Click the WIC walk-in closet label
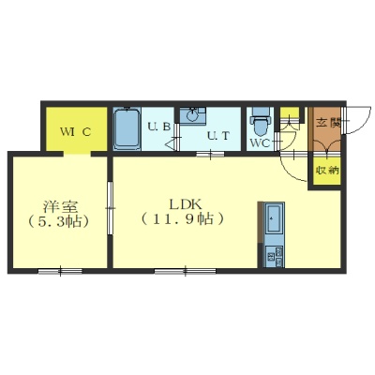76,132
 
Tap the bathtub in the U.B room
127,128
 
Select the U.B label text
158,127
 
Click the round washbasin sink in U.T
192,115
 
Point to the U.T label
218,136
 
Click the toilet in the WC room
261,124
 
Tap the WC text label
260,143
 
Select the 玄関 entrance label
327,123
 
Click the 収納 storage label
327,171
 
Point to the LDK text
185,204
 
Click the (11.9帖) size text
182,219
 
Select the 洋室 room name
60,206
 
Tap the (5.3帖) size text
59,221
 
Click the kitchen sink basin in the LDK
274,217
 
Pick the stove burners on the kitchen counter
274,257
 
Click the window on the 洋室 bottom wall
60,271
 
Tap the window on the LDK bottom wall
185,271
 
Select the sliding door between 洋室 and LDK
110,208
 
